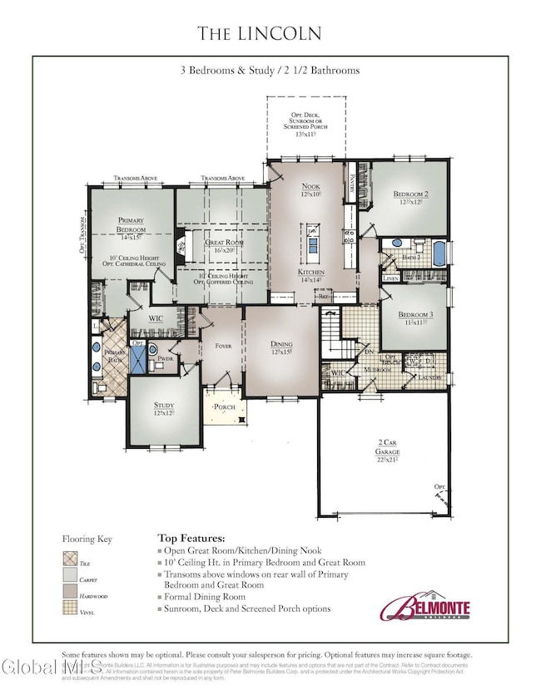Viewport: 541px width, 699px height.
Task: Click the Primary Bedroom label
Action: [131, 229]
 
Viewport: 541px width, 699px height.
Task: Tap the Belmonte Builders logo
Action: [424, 607]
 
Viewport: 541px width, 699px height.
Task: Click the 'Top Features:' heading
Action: [191, 538]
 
